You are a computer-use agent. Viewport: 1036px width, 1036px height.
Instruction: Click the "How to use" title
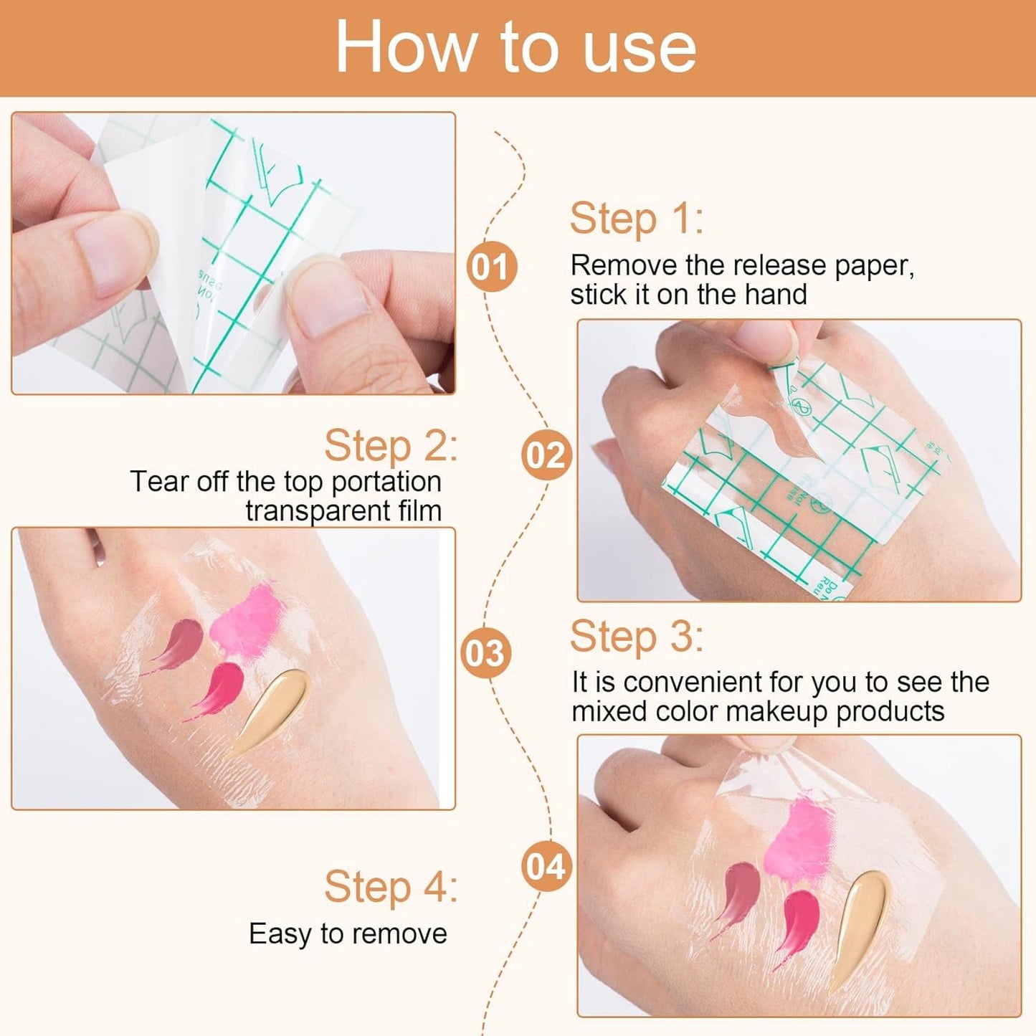tap(515, 47)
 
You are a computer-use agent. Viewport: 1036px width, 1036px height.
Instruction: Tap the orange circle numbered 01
tap(491, 267)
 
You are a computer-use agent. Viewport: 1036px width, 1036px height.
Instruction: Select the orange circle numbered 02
tap(546, 455)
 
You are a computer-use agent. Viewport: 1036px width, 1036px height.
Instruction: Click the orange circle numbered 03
tap(485, 653)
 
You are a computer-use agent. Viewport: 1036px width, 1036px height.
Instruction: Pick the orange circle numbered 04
tap(546, 867)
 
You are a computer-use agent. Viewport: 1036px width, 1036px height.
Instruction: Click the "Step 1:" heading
tap(636, 219)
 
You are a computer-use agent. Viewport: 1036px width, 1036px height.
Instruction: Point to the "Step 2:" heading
tap(391, 446)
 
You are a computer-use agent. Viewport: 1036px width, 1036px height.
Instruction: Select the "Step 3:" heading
tap(636, 637)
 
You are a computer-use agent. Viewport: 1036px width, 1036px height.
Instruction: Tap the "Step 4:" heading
tap(391, 887)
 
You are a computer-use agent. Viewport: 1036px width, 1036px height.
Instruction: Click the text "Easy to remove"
tap(348, 934)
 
